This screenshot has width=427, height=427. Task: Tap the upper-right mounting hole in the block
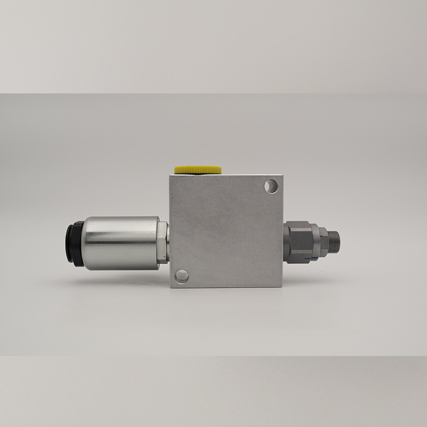pyautogui.click(x=272, y=186)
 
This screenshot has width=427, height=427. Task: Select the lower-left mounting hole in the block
pyautogui.click(x=182, y=276)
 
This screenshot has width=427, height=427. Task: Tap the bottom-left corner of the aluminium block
pyautogui.click(x=170, y=287)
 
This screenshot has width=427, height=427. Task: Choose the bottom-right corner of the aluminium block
pyautogui.click(x=282, y=287)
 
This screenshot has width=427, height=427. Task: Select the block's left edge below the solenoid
pyautogui.click(x=170, y=275)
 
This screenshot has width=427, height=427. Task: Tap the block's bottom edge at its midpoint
pyautogui.click(x=226, y=287)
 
